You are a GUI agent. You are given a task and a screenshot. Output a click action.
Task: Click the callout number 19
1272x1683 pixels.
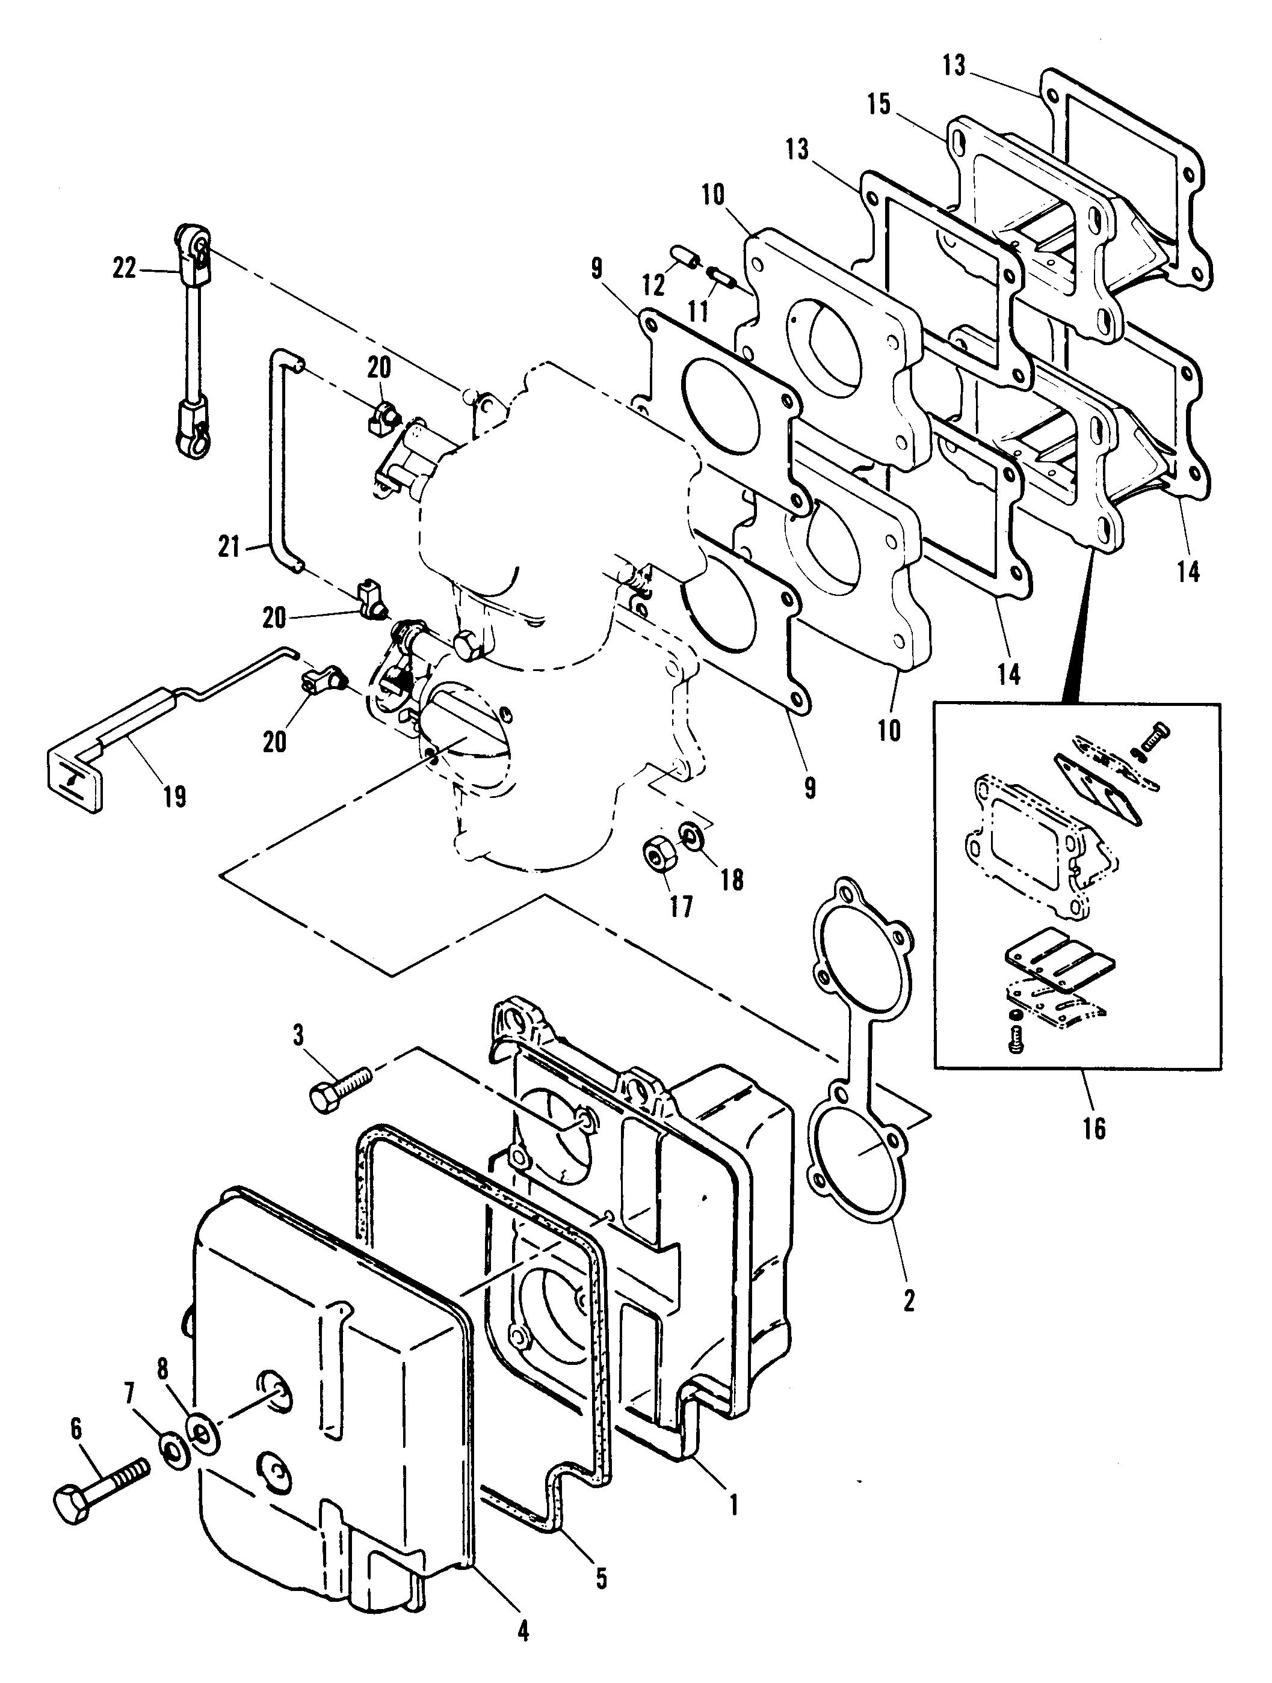coord(174,797)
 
